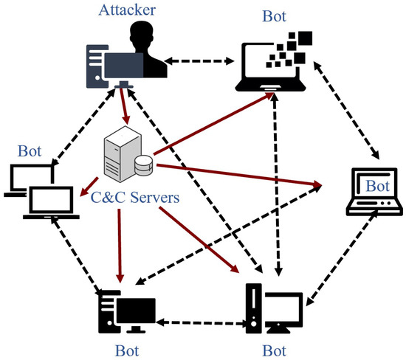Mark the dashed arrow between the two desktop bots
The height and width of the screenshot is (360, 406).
pyautogui.click(x=200, y=323)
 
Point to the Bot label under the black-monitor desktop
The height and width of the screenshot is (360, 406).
pyautogui.click(x=129, y=347)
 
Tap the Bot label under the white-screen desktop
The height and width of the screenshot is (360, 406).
pyautogui.click(x=274, y=347)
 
